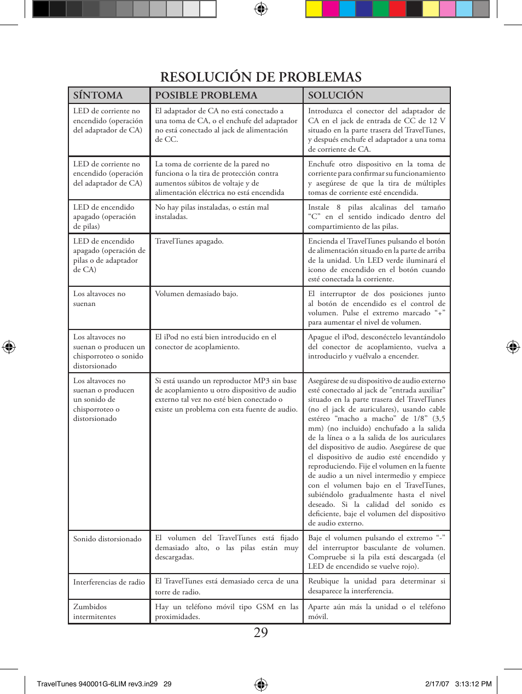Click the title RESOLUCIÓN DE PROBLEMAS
point(260,77)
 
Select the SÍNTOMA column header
point(98,95)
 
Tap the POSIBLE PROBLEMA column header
point(206,95)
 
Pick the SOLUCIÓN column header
point(335,95)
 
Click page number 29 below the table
point(260,633)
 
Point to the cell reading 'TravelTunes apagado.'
point(189,241)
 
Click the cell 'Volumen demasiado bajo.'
point(196,294)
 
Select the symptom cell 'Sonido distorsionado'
point(107,539)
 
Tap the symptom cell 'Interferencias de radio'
point(109,582)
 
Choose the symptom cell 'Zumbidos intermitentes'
point(95,611)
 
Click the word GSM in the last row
point(265,607)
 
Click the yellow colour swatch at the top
point(314,9)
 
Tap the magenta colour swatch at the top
point(330,9)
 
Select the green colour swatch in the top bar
point(380,9)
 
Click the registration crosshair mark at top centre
point(261,9)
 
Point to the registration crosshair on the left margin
point(9,346)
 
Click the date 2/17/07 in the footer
point(437,684)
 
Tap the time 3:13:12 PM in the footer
point(473,684)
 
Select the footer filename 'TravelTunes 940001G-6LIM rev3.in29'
point(97,684)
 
